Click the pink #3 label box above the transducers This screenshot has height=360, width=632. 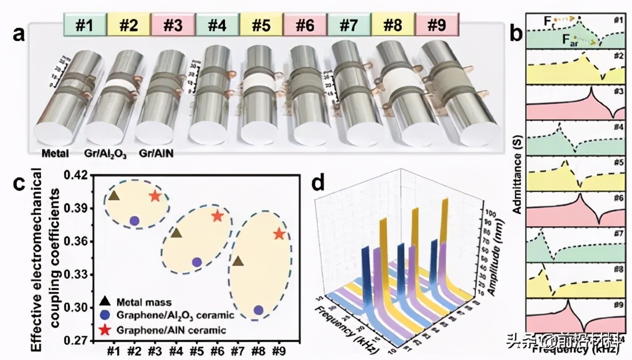(x=173, y=25)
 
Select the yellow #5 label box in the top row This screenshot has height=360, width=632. (x=261, y=25)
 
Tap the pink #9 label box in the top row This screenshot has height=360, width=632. (x=436, y=25)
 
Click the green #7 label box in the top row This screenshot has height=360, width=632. (x=349, y=25)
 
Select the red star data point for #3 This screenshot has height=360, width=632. (x=155, y=196)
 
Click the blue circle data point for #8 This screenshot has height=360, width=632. (x=258, y=310)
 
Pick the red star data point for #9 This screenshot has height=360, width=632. (x=280, y=234)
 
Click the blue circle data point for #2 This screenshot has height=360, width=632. (x=134, y=220)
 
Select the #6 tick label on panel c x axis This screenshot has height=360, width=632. (x=217, y=350)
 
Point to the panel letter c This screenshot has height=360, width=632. (x=19, y=183)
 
